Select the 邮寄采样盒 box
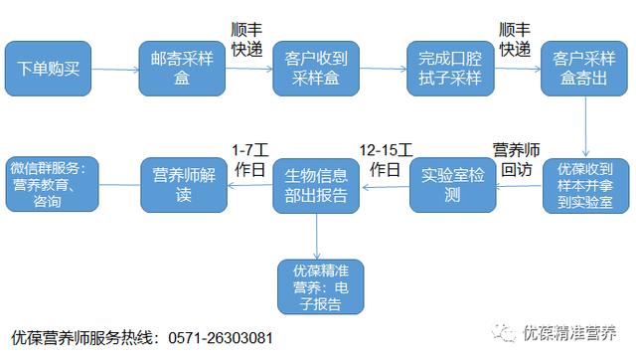180,69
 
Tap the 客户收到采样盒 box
315,69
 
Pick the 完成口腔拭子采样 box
449,69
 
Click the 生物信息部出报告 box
316,184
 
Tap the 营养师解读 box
181,184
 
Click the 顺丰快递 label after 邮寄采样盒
247,38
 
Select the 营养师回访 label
517,159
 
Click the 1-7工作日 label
249,159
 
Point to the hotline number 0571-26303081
217,338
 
